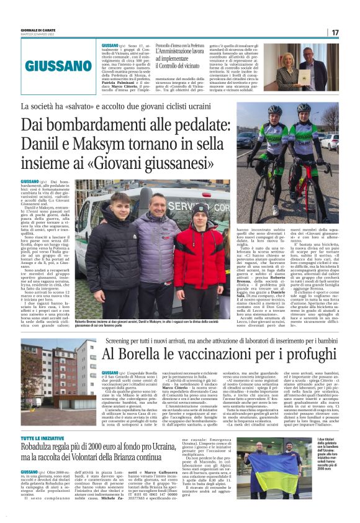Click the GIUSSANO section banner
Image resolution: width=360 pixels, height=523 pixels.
coord(58,65)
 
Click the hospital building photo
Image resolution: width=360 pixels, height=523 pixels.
coord(60,378)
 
